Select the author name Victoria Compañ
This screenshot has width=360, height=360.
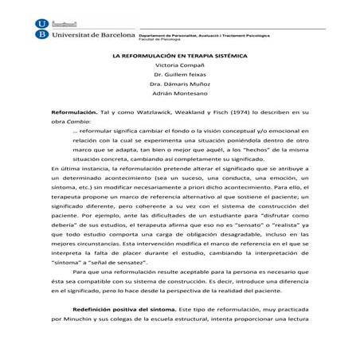tap(180, 65)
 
